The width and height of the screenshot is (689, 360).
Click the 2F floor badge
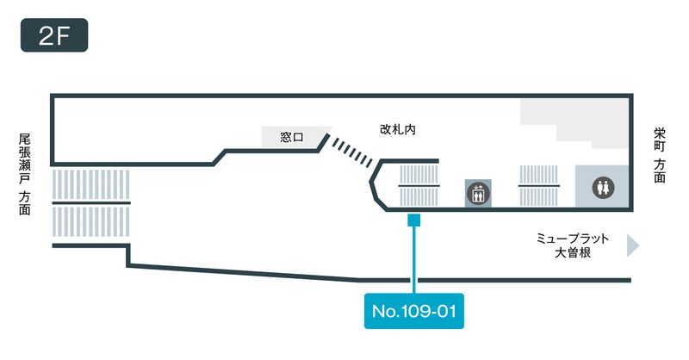pyautogui.click(x=54, y=37)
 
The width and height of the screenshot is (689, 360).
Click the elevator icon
pyautogui.click(x=476, y=192)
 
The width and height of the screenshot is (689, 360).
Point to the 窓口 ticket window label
pyautogui.click(x=292, y=137)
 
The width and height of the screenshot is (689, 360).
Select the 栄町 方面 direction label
pyautogui.click(x=660, y=155)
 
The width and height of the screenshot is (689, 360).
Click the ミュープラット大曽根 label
pyautogui.click(x=573, y=245)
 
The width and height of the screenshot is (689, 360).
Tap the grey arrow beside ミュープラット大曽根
pyautogui.click(x=633, y=245)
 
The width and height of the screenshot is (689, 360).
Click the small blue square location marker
pyautogui.click(x=414, y=220)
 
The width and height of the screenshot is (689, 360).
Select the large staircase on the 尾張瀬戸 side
pyautogui.click(x=90, y=202)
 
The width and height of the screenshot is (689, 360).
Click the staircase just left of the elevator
pyautogui.click(x=419, y=186)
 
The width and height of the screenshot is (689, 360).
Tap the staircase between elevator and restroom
pyautogui.click(x=540, y=186)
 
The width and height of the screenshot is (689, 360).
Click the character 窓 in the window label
pyautogui.click(x=286, y=137)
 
